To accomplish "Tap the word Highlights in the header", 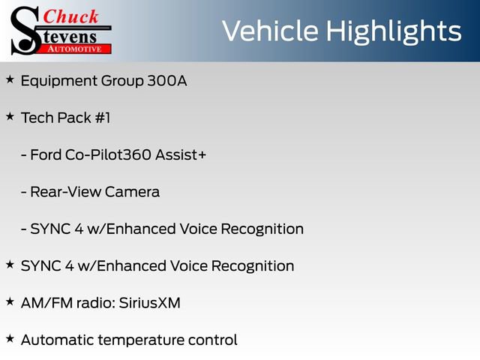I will pyautogui.click(x=397, y=31).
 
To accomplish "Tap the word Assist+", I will pyautogui.click(x=180, y=154).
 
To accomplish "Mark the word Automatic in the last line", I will pyautogui.click(x=55, y=340).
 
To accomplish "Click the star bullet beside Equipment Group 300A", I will pyautogui.click(x=10, y=79).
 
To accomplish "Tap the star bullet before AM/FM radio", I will pyautogui.click(x=10, y=301).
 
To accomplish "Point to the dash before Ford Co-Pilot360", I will pyautogui.click(x=25, y=154).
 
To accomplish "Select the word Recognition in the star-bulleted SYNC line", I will pyautogui.click(x=253, y=265).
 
